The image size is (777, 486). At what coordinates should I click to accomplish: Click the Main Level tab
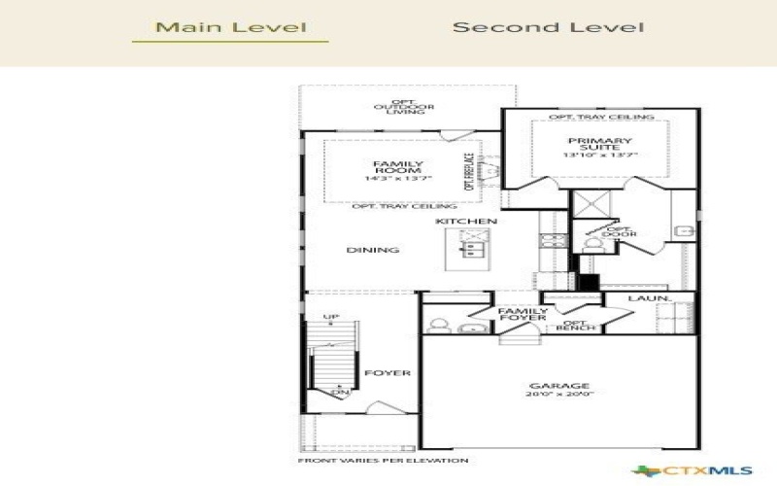(231, 27)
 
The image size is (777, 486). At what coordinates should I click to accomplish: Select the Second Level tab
(548, 27)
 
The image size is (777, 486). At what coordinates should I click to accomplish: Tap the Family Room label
(398, 167)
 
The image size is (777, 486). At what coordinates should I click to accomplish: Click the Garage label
(559, 385)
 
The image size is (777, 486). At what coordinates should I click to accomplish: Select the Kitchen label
(466, 222)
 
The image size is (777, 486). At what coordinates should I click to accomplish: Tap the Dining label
(373, 250)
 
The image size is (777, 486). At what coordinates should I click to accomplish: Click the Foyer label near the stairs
(388, 373)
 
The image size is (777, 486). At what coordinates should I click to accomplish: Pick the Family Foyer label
(523, 315)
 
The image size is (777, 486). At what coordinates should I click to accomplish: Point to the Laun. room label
(644, 299)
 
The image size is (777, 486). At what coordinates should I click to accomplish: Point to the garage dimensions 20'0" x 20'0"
(559, 394)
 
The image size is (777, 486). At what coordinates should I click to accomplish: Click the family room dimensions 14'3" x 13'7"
(398, 179)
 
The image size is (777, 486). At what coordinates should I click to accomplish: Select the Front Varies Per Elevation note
(383, 460)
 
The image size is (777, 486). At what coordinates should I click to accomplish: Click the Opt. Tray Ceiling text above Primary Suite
(601, 117)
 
